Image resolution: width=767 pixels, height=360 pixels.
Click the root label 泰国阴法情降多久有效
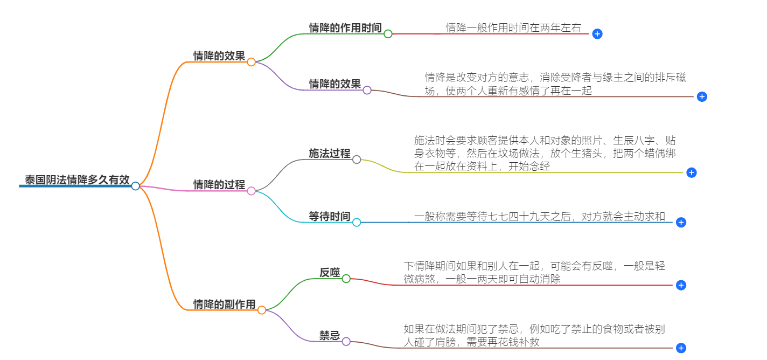tap(77, 180)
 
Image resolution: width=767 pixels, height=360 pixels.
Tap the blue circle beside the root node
tap(136, 186)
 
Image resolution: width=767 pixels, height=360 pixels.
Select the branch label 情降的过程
tap(219, 184)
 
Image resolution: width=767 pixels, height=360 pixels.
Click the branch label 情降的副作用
tap(225, 304)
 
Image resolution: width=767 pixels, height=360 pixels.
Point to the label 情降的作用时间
tap(345, 27)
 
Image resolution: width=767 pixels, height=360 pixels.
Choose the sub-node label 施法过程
tap(330, 153)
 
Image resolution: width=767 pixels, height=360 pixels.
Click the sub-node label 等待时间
tap(330, 216)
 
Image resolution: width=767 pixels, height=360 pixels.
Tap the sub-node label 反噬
tap(330, 273)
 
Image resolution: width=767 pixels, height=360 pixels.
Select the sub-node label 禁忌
tap(330, 336)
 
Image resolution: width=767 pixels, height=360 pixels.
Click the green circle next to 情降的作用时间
tap(388, 34)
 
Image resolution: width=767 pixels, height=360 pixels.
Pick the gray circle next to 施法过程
tap(357, 160)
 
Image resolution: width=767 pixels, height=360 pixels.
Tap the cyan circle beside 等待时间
tap(357, 223)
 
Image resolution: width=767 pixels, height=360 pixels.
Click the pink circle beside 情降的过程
tap(251, 191)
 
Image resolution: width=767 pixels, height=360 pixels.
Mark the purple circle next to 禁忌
tap(346, 342)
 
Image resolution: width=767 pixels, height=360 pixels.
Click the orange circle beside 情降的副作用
tap(262, 310)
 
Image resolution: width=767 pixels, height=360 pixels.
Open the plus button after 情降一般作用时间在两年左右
tap(597, 34)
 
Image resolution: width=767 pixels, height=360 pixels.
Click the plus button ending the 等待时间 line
tap(681, 223)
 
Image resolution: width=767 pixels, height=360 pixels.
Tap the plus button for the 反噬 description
tap(681, 285)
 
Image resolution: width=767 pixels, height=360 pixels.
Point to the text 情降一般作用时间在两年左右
tap(513, 27)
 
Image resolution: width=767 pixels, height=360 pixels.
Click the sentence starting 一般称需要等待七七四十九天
tap(543, 217)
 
